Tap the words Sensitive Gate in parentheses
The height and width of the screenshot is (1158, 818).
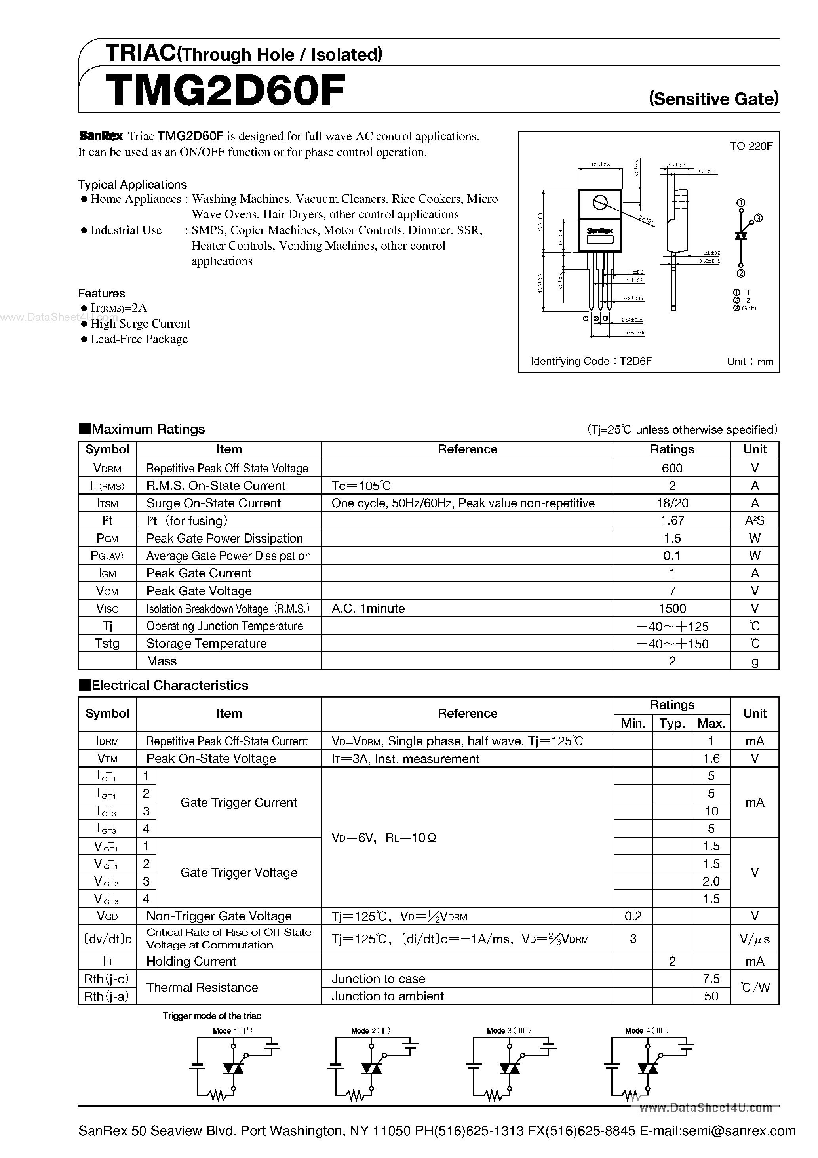(x=713, y=98)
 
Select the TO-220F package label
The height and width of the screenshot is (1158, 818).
(x=750, y=146)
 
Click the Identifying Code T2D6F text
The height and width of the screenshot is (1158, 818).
(x=591, y=361)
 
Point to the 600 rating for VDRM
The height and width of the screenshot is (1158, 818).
(x=672, y=468)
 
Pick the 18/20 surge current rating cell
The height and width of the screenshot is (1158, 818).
(x=672, y=503)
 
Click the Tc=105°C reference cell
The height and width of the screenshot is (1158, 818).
(x=361, y=486)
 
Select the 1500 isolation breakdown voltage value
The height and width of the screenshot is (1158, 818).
(x=672, y=608)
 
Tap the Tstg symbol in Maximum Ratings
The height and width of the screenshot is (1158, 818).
(x=107, y=644)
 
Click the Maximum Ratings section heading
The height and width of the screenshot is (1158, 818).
(x=148, y=429)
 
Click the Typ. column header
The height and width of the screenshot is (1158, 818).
(x=672, y=723)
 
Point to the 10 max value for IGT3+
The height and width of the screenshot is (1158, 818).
(x=711, y=811)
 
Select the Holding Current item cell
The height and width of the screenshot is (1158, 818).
(x=191, y=961)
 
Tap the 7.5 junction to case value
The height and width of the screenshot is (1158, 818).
(x=711, y=979)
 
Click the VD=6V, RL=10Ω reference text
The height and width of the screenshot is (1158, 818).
(x=384, y=838)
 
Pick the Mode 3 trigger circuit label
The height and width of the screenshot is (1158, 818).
(x=508, y=1031)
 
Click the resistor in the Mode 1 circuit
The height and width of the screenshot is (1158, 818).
(x=217, y=1095)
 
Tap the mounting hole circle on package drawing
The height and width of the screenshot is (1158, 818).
(x=599, y=203)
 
